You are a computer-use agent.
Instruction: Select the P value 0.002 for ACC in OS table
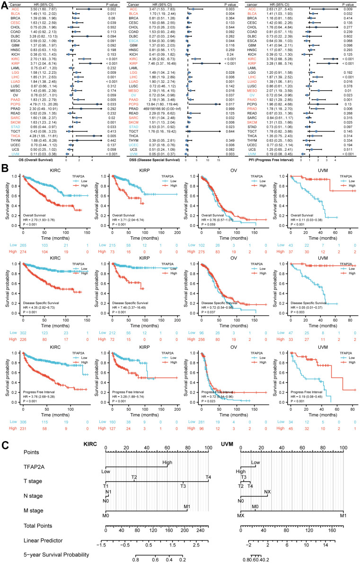[x=113, y=9]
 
